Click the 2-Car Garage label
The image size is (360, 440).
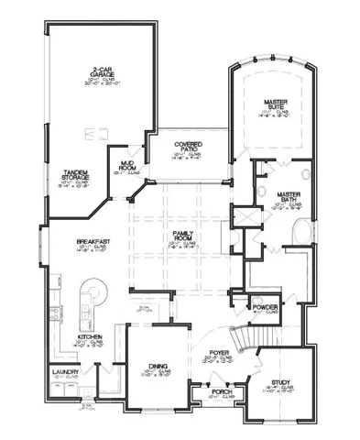click(x=102, y=71)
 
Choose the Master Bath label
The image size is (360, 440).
click(x=288, y=196)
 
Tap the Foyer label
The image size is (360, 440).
click(x=219, y=352)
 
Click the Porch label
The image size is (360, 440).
click(x=220, y=391)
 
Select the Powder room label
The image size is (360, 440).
click(x=267, y=308)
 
